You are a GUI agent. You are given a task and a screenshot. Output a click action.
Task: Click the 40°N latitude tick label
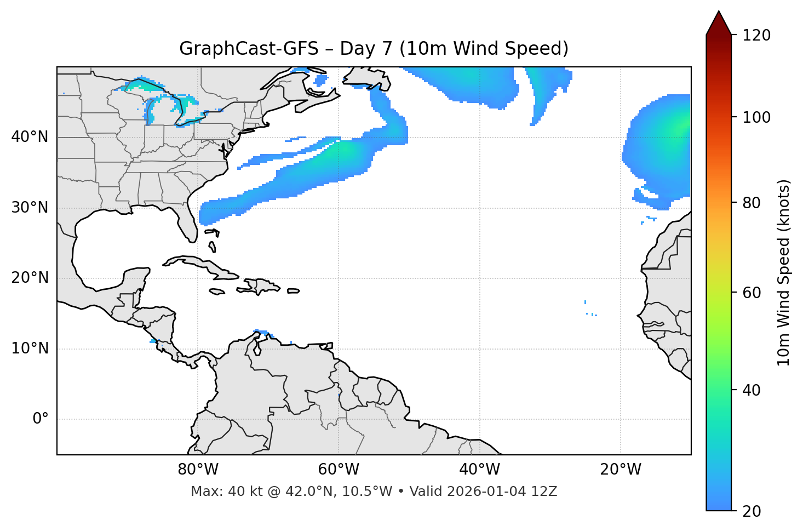[30, 137]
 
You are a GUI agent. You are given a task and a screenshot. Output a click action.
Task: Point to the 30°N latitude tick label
[30, 208]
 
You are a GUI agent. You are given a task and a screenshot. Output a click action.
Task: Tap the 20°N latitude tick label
[30, 278]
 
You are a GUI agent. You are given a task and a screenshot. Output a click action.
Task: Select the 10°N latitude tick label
[30, 349]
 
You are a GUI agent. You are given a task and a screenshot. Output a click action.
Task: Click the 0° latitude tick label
[41, 419]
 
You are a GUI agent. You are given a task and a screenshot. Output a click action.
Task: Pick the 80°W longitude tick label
[198, 470]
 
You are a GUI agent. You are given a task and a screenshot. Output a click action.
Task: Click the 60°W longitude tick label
[339, 470]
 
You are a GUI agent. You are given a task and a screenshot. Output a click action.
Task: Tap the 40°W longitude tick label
[480, 470]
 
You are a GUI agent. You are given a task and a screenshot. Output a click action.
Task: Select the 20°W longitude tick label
[621, 470]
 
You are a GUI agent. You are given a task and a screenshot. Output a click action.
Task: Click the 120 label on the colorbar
[756, 36]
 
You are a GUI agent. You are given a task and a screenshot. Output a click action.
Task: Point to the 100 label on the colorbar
[756, 117]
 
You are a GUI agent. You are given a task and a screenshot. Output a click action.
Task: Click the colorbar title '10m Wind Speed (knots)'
[784, 272]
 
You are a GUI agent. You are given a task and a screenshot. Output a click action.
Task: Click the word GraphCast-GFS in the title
[249, 49]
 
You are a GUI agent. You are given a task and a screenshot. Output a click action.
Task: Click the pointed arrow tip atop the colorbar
[719, 13]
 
